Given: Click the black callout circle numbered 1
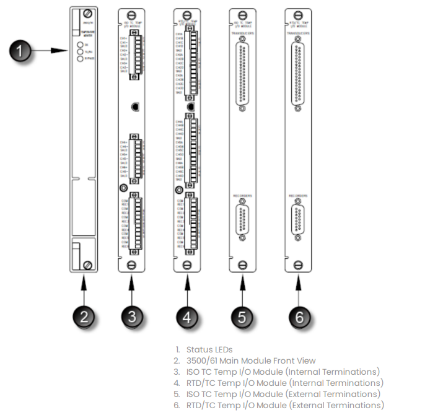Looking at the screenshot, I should (23, 51).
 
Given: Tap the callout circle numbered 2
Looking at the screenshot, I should (85, 318).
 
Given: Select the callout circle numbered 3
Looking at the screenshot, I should (131, 318).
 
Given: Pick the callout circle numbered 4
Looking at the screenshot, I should (186, 318).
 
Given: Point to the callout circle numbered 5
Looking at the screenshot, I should (242, 318).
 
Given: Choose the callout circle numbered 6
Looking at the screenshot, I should (299, 318).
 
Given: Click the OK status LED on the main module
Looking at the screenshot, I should (80, 45).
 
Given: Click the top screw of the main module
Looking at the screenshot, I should (89, 13).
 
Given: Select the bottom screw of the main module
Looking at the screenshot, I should (89, 265).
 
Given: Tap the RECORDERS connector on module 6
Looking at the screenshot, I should (298, 219).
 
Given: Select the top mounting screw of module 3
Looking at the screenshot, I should (131, 13).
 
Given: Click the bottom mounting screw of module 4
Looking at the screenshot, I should (186, 265).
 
